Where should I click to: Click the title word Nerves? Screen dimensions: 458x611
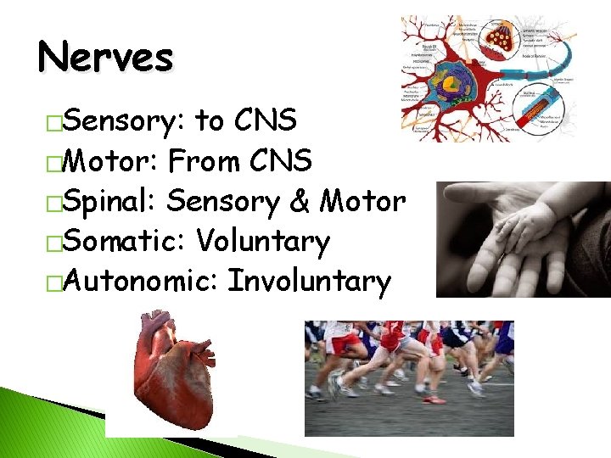click(x=105, y=59)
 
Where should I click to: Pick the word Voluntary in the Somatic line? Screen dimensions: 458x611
click(x=262, y=242)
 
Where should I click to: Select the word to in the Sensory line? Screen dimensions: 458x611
click(x=210, y=122)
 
